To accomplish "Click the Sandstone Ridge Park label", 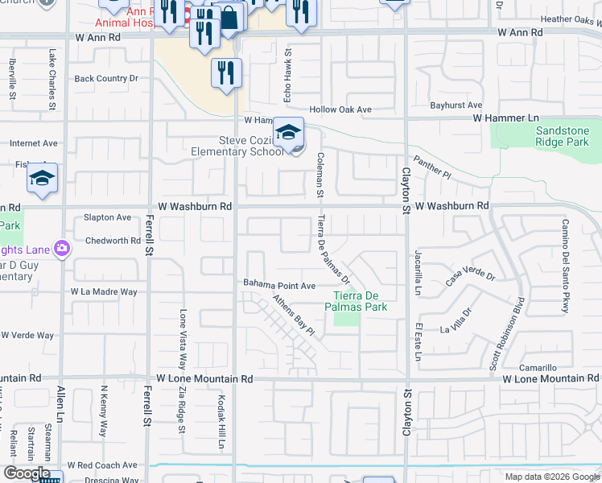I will coord(563,136).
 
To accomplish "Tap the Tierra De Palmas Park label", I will coord(356,300).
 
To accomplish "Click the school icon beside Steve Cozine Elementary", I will coord(288,133).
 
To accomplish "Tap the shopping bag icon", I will coord(229,19).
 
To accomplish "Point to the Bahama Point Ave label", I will coord(279,285).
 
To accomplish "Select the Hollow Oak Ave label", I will coord(341,109).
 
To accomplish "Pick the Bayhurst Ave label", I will coord(456,105).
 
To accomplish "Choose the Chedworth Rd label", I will coord(113,240).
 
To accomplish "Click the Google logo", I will coord(26,473).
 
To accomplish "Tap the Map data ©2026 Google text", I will coord(550,477).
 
